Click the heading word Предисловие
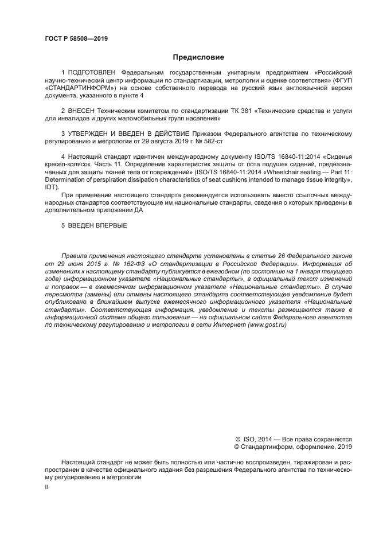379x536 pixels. [x=198, y=57]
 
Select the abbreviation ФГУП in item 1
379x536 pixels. [x=343, y=82]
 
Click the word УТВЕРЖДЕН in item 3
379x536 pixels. [x=93, y=134]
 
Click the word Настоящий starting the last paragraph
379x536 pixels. [x=79, y=461]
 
